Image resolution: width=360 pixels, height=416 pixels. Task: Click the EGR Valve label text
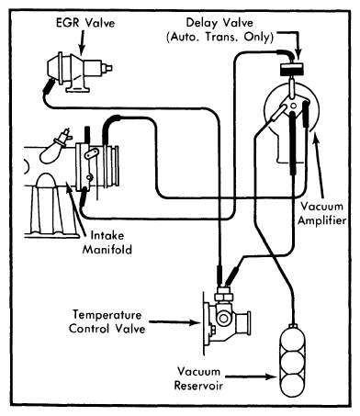pyautogui.click(x=85, y=23)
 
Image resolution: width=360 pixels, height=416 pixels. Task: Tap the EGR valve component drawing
pyautogui.click(x=79, y=71)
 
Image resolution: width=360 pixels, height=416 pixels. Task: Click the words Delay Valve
pyautogui.click(x=219, y=23)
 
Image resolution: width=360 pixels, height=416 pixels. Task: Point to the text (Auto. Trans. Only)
pyautogui.click(x=219, y=37)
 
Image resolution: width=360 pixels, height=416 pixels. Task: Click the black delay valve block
pyautogui.click(x=293, y=69)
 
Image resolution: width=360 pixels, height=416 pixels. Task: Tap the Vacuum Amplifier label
pyautogui.click(x=321, y=213)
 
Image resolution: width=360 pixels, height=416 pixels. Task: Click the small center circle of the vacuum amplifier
pyautogui.click(x=293, y=107)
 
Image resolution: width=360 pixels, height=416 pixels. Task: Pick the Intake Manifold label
pyautogui.click(x=107, y=242)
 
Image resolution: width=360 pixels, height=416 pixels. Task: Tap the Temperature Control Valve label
pyautogui.click(x=107, y=321)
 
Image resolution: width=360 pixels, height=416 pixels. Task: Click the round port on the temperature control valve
pyautogui.click(x=223, y=318)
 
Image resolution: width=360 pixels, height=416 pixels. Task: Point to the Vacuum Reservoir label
pyautogui.click(x=198, y=378)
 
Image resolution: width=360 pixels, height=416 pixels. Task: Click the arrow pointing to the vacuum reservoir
pyautogui.click(x=251, y=377)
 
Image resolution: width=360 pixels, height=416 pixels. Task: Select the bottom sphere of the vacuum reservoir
pyautogui.click(x=293, y=386)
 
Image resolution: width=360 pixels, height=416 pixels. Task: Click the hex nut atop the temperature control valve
pyautogui.click(x=224, y=297)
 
